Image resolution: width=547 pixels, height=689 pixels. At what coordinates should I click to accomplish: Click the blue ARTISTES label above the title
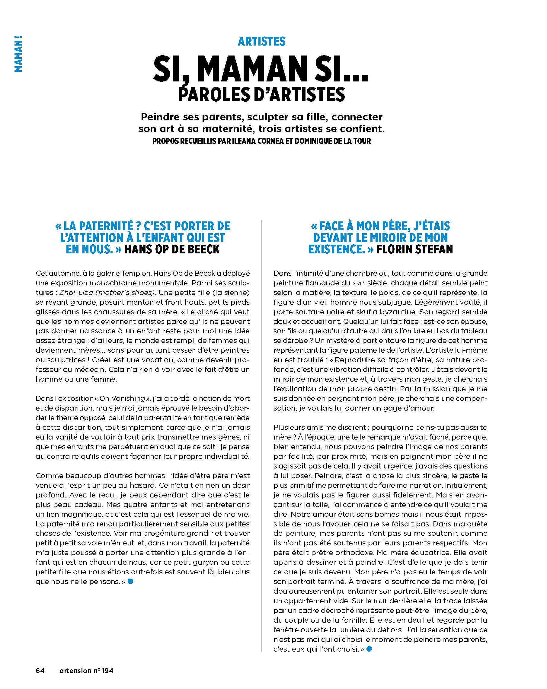261,42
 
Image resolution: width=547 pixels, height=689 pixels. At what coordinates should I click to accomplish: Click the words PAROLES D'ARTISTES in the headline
261,94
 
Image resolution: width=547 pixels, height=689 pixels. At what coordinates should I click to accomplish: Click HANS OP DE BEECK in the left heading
172,249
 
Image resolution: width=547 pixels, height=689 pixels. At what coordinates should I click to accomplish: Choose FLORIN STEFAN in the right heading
414,249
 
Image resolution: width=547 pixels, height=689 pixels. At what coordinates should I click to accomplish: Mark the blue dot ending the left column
130,582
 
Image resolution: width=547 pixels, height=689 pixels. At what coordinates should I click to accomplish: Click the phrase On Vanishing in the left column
122,398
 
